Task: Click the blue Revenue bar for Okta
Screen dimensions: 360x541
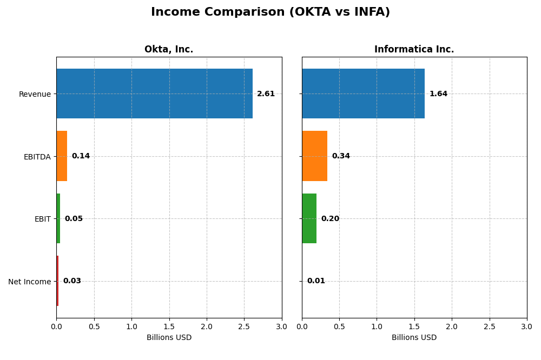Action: pyautogui.click(x=154, y=94)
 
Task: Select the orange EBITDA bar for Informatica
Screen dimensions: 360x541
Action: pyautogui.click(x=314, y=156)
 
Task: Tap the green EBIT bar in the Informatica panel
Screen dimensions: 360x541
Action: pyautogui.click(x=309, y=218)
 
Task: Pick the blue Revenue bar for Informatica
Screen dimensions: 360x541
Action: pyautogui.click(x=363, y=94)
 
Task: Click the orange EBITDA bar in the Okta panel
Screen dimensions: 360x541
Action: pyautogui.click(x=62, y=156)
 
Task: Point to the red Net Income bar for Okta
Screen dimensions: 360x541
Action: pyautogui.click(x=57, y=281)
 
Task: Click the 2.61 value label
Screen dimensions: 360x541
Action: pyautogui.click(x=266, y=94)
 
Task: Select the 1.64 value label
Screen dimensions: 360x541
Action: pyautogui.click(x=438, y=94)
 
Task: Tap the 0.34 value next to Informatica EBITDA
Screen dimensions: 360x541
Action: pyautogui.click(x=341, y=156)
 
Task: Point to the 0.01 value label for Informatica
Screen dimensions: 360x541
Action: pyautogui.click(x=316, y=281)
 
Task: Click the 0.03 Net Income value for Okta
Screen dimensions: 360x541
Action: pyautogui.click(x=72, y=281)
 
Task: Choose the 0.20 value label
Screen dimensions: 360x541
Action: pyautogui.click(x=330, y=219)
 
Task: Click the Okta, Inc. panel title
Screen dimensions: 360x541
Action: pyautogui.click(x=169, y=50)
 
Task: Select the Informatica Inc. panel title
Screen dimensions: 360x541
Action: pyautogui.click(x=414, y=50)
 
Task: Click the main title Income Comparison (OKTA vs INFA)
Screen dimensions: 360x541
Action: pyautogui.click(x=270, y=12)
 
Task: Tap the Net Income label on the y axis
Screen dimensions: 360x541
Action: pyautogui.click(x=29, y=282)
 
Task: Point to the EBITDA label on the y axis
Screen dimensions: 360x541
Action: pyautogui.click(x=37, y=157)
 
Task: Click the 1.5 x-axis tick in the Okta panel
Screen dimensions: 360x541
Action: pyautogui.click(x=169, y=327)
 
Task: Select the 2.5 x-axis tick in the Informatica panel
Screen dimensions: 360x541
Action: pyautogui.click(x=489, y=327)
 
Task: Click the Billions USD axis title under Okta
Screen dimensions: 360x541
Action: pyautogui.click(x=169, y=338)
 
